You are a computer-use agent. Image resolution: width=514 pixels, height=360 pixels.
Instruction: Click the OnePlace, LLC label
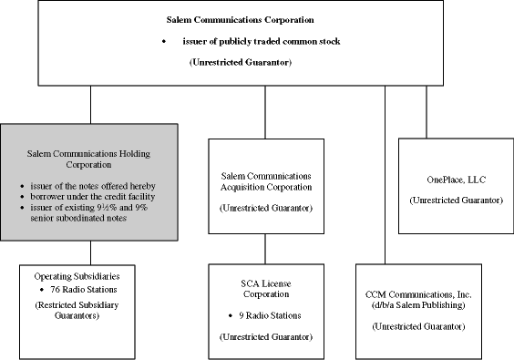(x=452, y=180)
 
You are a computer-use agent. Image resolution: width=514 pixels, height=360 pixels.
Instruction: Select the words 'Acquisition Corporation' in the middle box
(x=265, y=187)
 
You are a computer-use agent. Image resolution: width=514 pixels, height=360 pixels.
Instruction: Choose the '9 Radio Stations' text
(x=270, y=315)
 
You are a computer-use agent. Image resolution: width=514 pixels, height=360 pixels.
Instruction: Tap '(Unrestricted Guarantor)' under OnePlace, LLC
(x=452, y=199)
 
